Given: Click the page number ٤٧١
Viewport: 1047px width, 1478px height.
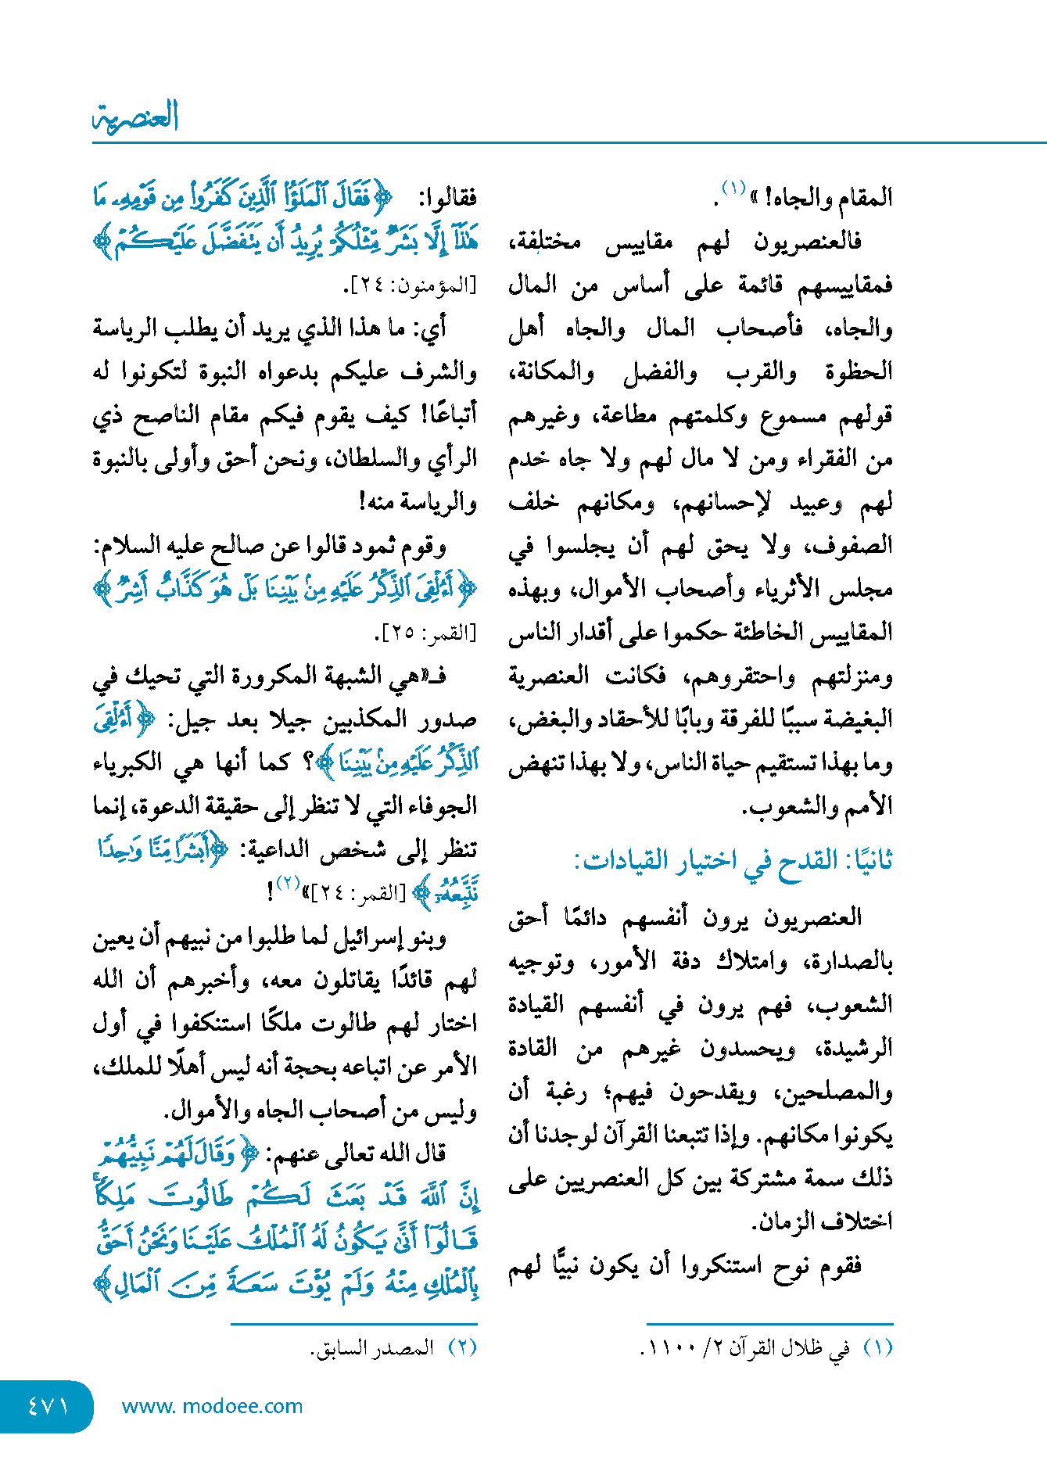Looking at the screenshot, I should pos(48,1407).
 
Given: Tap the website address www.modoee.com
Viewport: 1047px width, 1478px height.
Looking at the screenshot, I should pos(212,1407).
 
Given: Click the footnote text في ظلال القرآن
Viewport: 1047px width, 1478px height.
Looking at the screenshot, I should pos(790,1348).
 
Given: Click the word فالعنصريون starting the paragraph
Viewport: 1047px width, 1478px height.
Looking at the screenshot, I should pos(808,242).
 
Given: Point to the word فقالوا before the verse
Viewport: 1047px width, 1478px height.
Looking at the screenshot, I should pos(448,199).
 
